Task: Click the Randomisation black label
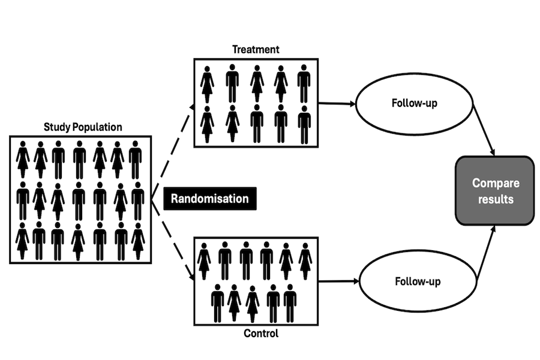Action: (209, 199)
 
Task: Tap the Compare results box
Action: (494, 191)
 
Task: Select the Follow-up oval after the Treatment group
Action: (414, 103)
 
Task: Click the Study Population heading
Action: (83, 127)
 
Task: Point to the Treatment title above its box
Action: (256, 50)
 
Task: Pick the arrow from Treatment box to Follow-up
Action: (337, 103)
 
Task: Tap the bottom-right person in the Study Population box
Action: (139, 241)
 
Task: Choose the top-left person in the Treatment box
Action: (208, 84)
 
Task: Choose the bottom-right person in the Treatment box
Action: (304, 124)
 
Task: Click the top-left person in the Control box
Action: (205, 260)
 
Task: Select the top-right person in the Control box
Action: (305, 260)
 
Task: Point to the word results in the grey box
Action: (496, 199)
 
